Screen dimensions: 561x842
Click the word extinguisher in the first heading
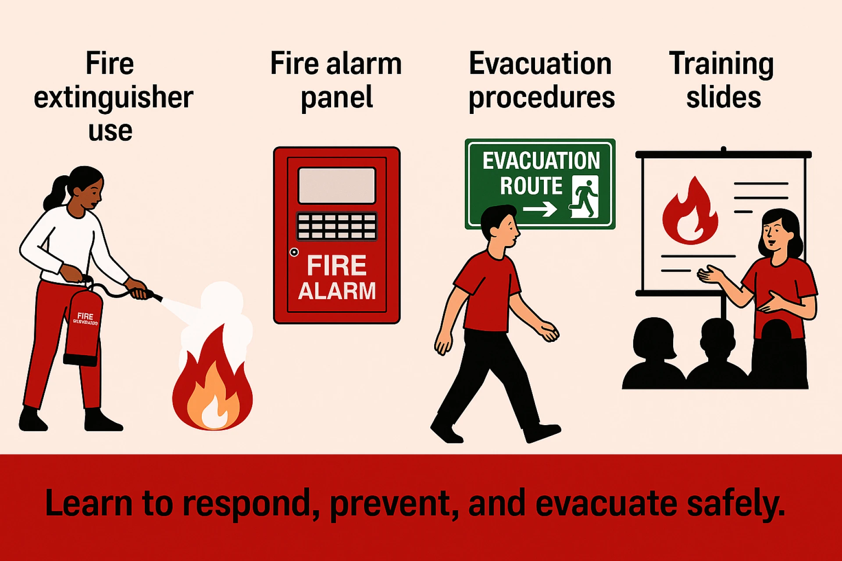(113, 97)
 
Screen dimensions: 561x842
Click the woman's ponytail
(55, 193)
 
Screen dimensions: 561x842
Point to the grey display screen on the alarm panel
(337, 185)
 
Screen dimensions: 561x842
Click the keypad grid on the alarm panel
(337, 226)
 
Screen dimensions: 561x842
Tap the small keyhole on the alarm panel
(294, 252)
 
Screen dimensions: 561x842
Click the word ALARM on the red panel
(337, 291)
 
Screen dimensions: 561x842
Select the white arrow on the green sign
(540, 209)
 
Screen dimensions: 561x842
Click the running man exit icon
(585, 197)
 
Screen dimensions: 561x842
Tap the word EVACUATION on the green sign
(541, 161)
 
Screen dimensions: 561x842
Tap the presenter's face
(774, 234)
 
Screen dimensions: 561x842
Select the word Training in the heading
(721, 64)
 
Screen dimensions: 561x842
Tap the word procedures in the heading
(541, 97)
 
